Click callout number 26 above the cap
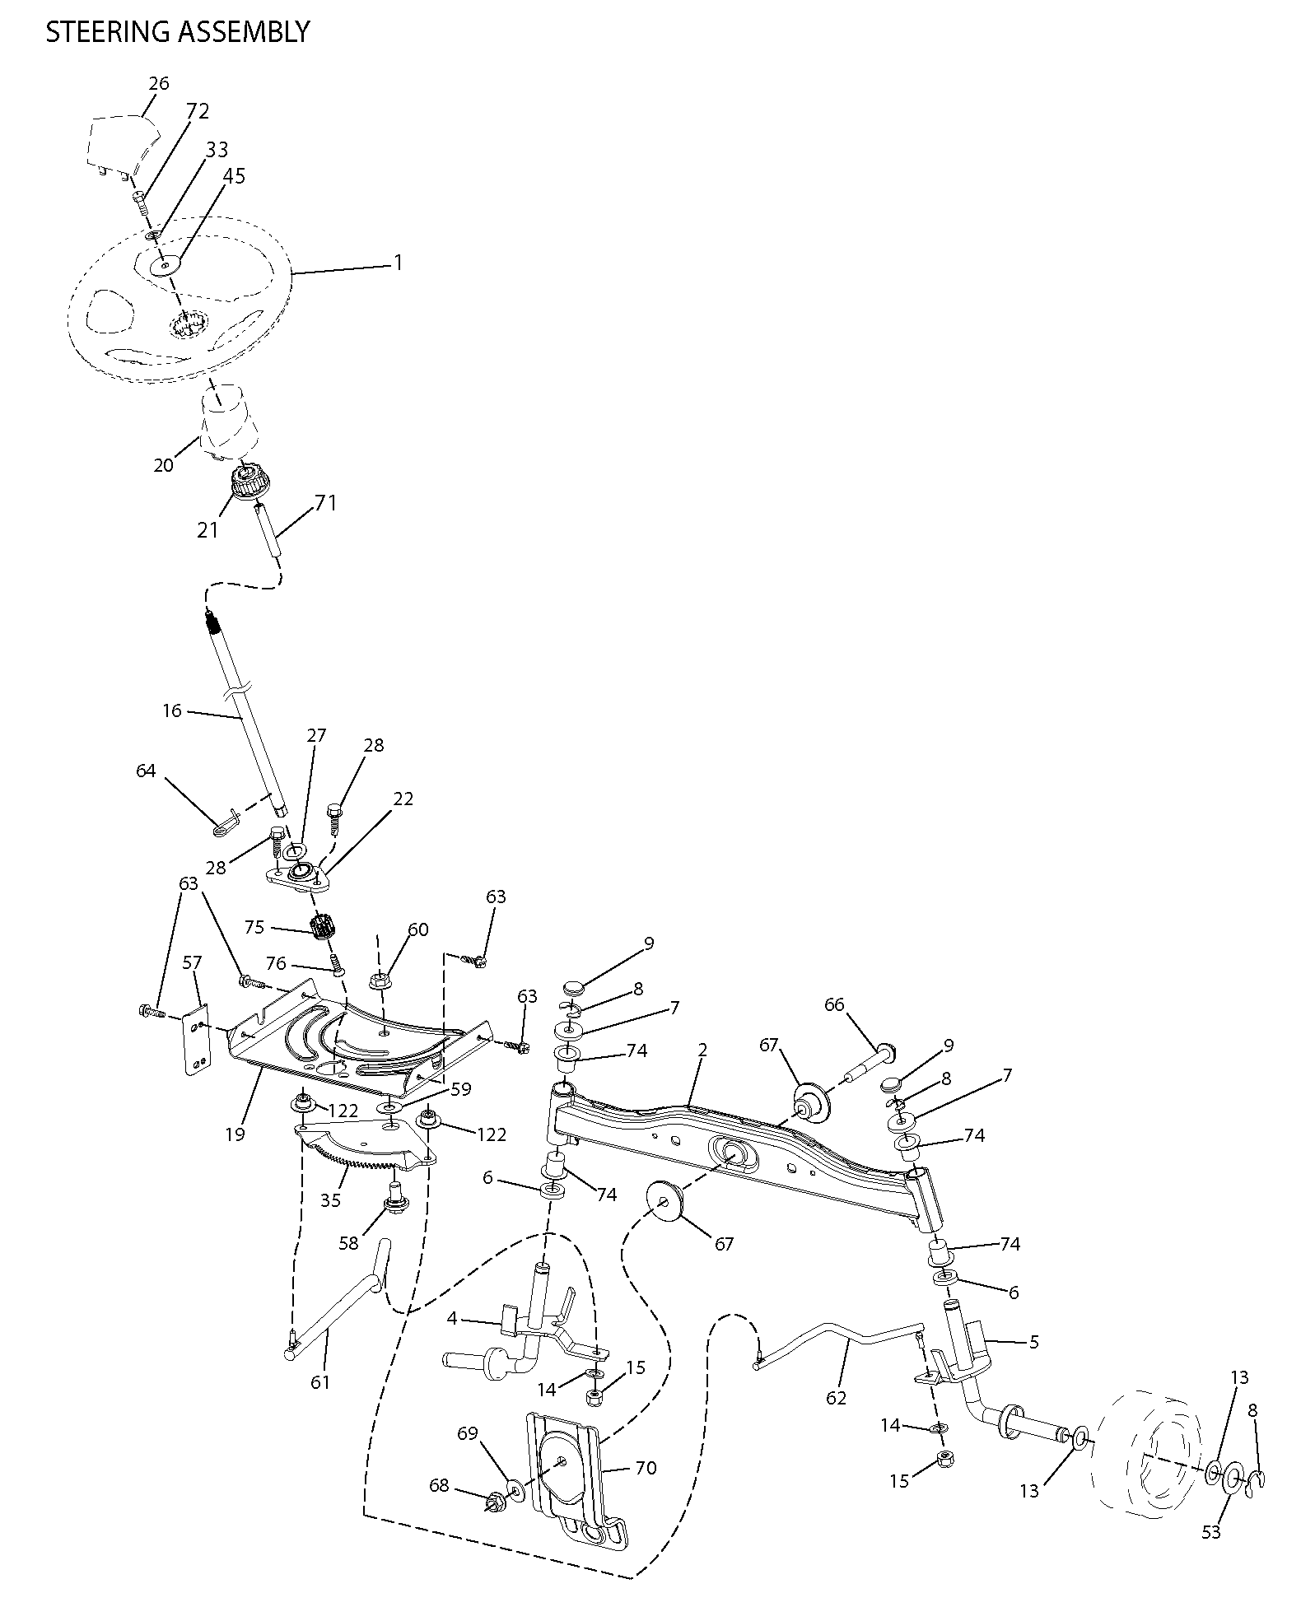tap(159, 83)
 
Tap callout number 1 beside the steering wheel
tap(399, 263)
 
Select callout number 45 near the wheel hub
tap(235, 175)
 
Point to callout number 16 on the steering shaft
tap(172, 710)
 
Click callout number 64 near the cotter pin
tap(146, 771)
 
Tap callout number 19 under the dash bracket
tap(235, 1134)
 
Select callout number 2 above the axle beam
tap(702, 1050)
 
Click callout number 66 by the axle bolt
tap(835, 1004)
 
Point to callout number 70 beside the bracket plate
tap(646, 1468)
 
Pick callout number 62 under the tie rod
tap(836, 1398)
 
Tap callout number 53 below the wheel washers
tap(1210, 1531)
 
